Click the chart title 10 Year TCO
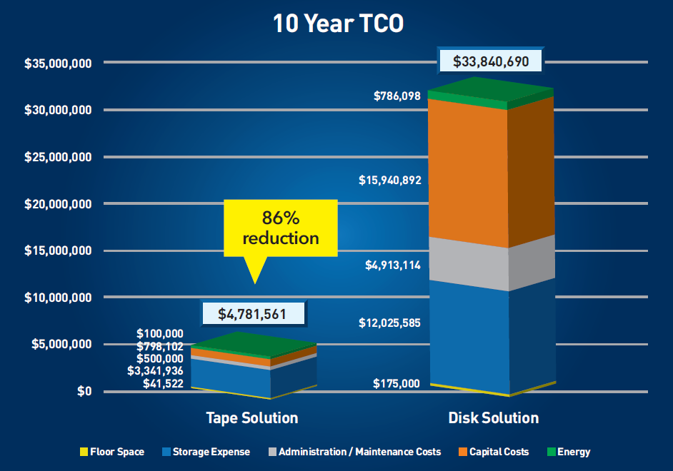(x=338, y=24)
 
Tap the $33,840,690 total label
(x=490, y=61)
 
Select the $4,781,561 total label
(x=254, y=313)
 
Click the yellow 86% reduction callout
(x=280, y=228)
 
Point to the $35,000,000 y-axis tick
(x=57, y=64)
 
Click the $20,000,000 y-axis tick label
(x=57, y=204)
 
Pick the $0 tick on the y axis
(x=84, y=391)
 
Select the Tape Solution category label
(x=252, y=417)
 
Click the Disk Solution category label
(x=493, y=417)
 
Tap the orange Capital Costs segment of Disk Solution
(x=468, y=171)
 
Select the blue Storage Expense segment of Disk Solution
(x=468, y=335)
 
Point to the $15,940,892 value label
(x=390, y=181)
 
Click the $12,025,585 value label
(x=390, y=323)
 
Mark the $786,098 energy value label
(x=397, y=96)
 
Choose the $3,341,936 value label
(x=155, y=371)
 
